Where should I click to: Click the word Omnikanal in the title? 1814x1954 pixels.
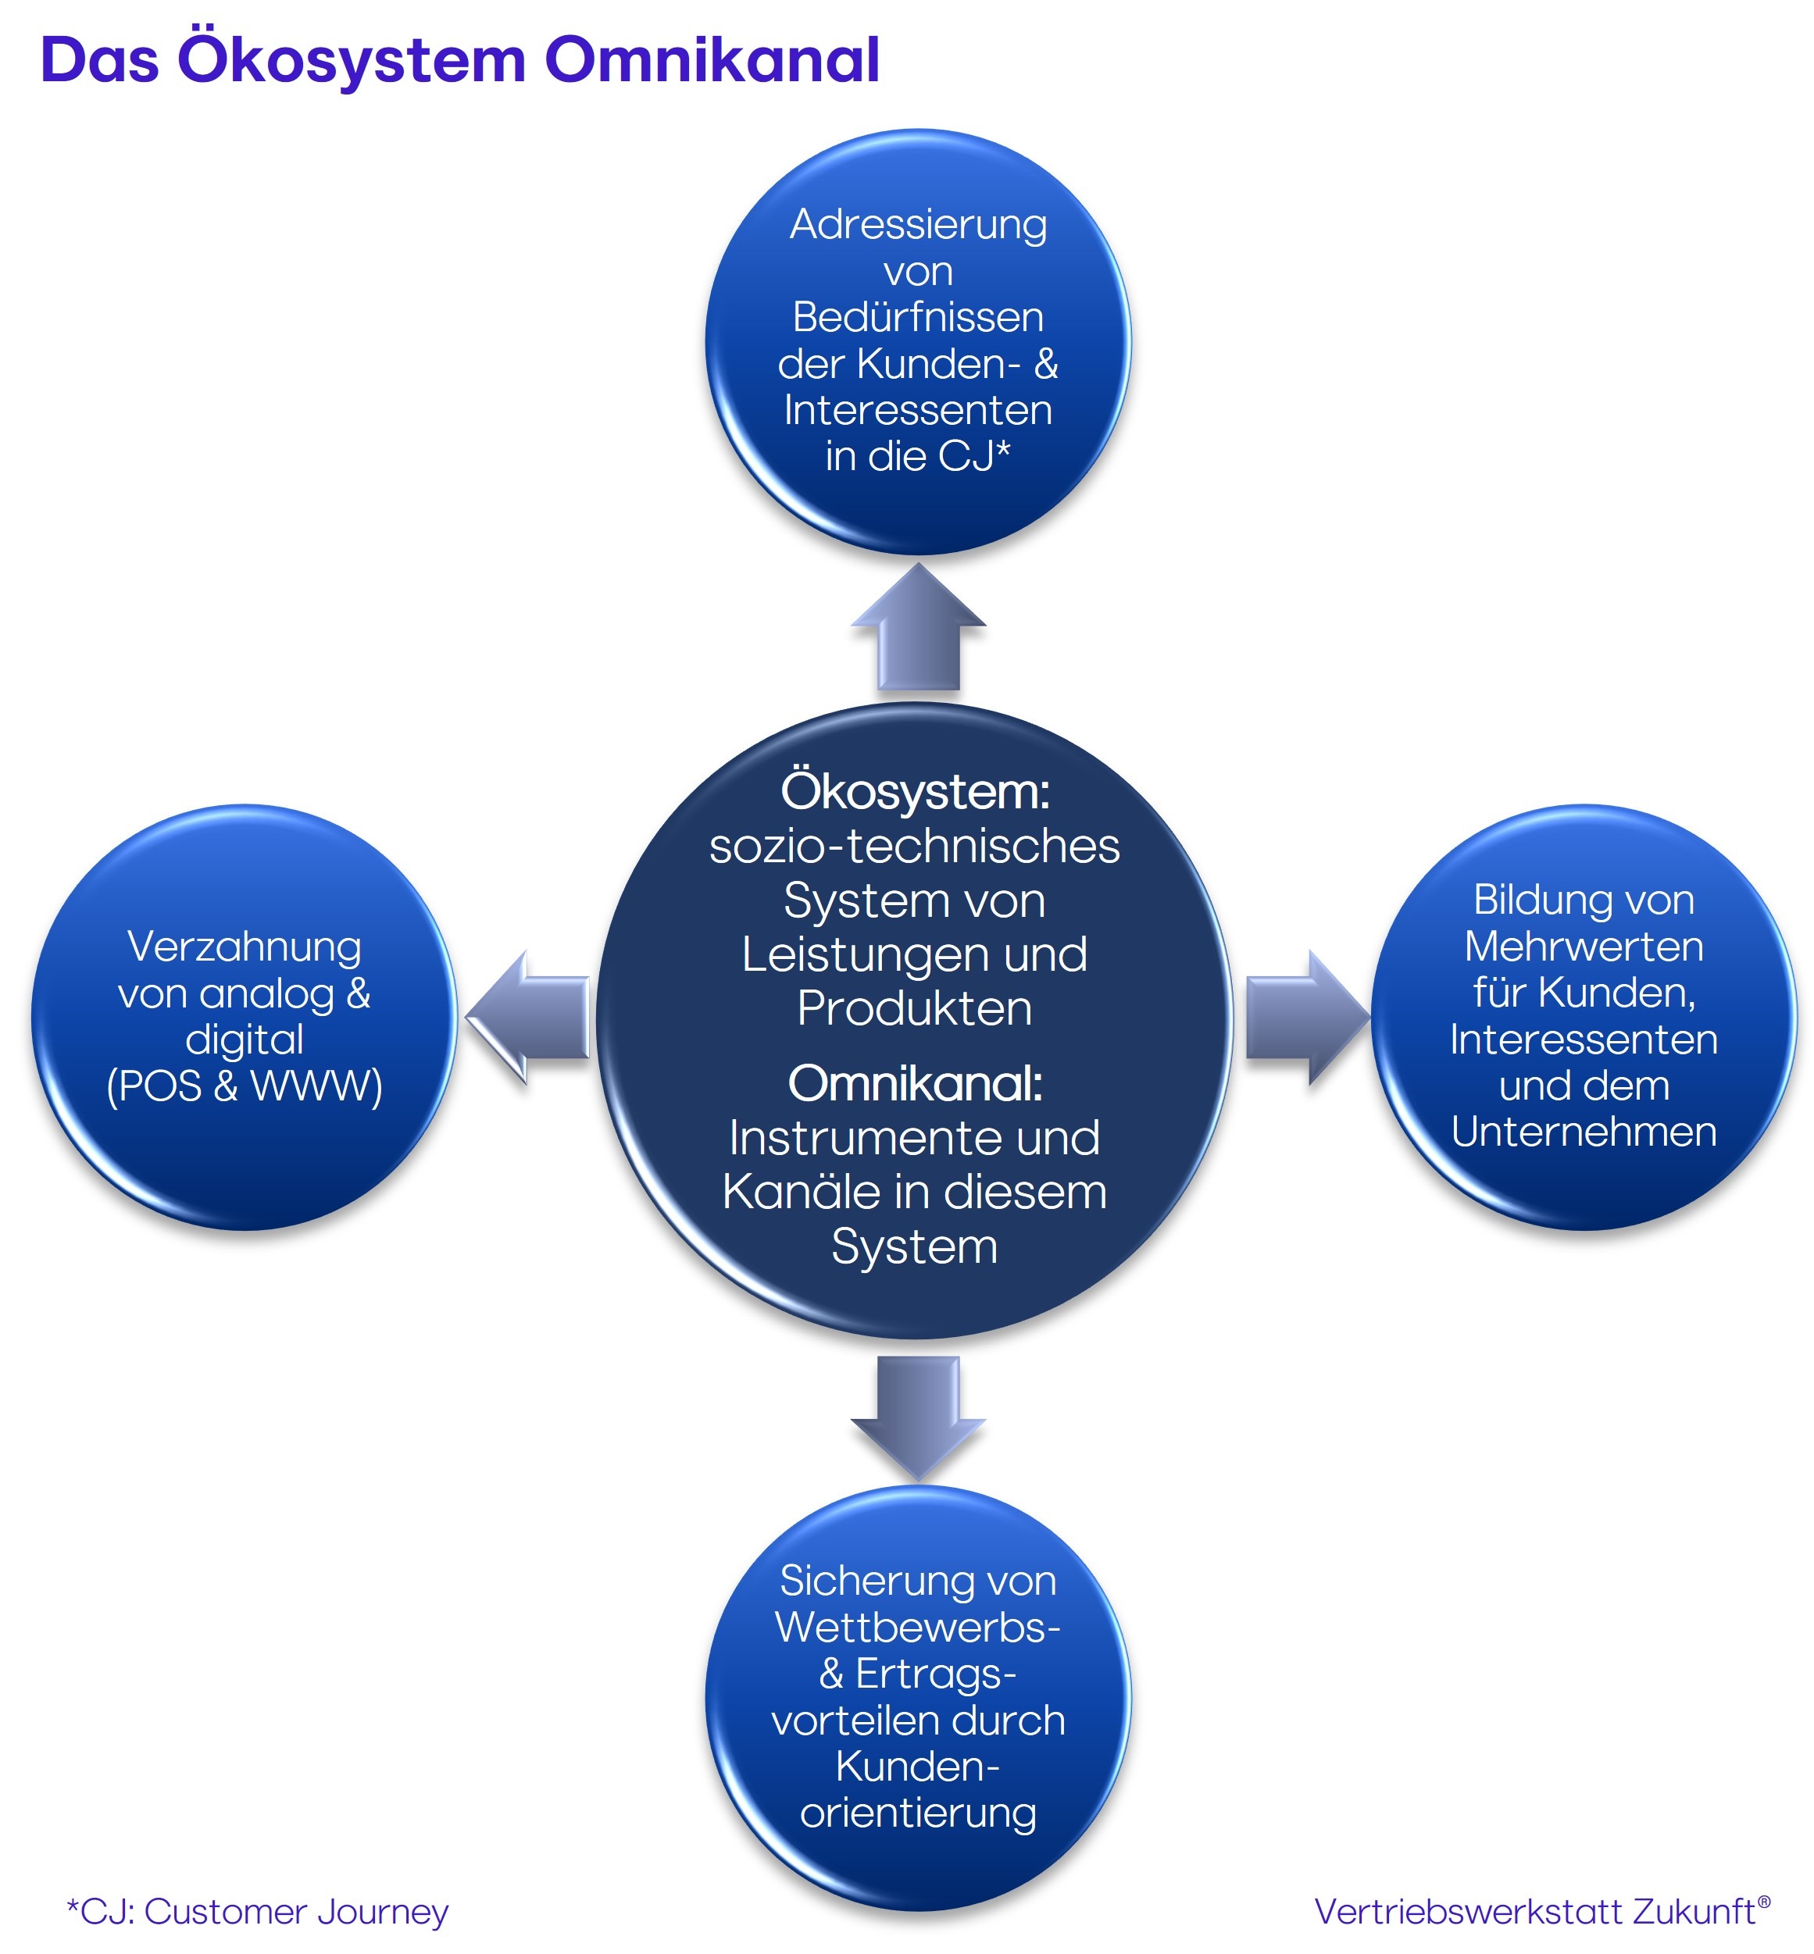[x=712, y=61]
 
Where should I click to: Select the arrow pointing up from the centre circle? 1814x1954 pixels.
[x=918, y=628]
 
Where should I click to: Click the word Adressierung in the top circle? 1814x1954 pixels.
[x=918, y=225]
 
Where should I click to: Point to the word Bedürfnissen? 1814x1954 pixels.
[x=918, y=317]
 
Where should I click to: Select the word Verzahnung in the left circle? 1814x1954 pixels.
[x=245, y=947]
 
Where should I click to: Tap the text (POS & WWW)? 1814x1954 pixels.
[x=245, y=1086]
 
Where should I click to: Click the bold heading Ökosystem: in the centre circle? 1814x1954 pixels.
[x=915, y=792]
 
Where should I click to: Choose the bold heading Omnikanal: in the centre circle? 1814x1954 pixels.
[x=915, y=1083]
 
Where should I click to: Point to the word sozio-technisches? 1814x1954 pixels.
[x=915, y=846]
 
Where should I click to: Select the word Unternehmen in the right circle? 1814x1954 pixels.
[x=1584, y=1132]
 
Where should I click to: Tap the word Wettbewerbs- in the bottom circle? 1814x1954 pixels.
[x=918, y=1628]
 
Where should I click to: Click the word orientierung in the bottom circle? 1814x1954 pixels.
[x=918, y=1813]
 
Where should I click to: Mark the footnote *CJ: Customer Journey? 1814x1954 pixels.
[x=258, y=1912]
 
